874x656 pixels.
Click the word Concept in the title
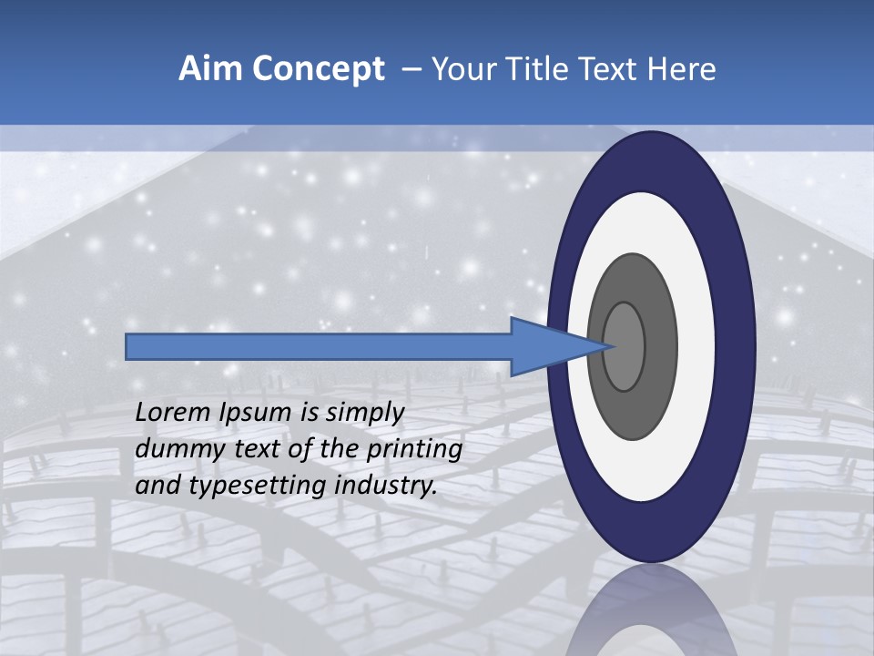(318, 69)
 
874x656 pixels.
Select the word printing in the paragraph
(414, 450)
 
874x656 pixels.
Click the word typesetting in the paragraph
(258, 487)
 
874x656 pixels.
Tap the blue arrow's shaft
(319, 346)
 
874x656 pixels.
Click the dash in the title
(412, 69)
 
